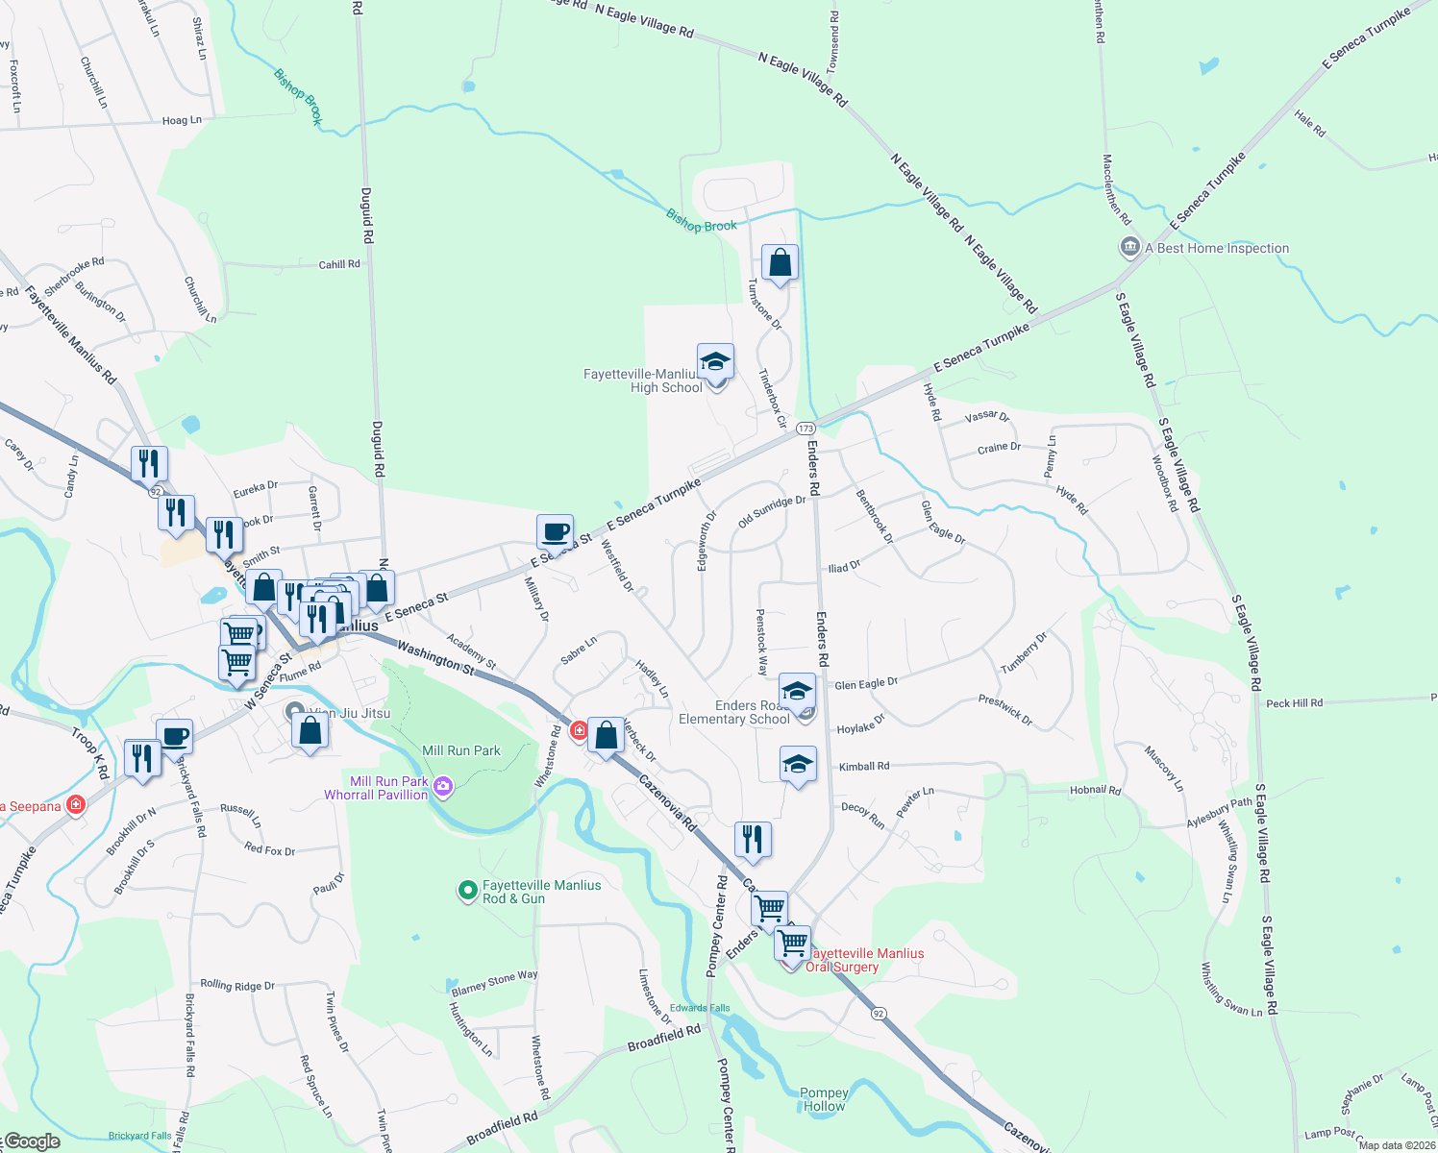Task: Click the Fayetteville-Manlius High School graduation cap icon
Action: click(x=715, y=363)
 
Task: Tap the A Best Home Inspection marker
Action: click(x=1130, y=247)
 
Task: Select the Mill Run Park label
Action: click(x=461, y=750)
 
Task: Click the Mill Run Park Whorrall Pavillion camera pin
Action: click(x=443, y=787)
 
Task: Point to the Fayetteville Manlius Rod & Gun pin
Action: click(x=468, y=891)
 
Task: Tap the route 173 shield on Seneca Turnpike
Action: click(x=806, y=429)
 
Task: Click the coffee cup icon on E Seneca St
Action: click(x=555, y=532)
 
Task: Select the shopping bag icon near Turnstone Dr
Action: click(x=780, y=262)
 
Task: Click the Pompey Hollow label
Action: click(x=824, y=1099)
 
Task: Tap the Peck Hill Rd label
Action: click(x=1294, y=703)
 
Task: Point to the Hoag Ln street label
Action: click(x=182, y=120)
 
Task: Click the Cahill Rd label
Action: click(x=339, y=264)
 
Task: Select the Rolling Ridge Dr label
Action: click(x=237, y=985)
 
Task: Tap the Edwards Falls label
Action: click(x=700, y=1008)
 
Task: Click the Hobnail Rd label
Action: click(x=1095, y=791)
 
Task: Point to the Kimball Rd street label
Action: click(x=864, y=767)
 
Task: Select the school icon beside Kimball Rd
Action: click(x=798, y=765)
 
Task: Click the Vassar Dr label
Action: click(x=986, y=417)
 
